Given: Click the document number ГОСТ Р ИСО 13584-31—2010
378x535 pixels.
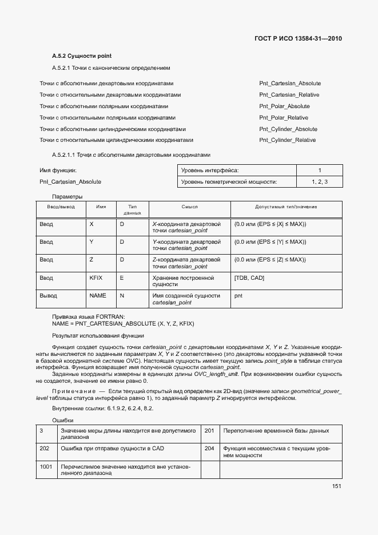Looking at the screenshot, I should [x=297, y=39].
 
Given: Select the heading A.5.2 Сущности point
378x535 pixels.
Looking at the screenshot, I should [x=81, y=56].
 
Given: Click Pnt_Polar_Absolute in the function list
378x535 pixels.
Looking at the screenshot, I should [x=284, y=106].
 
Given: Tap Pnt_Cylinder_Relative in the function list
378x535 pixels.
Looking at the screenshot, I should [x=287, y=140].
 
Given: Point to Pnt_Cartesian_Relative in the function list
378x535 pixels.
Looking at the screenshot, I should [x=289, y=95].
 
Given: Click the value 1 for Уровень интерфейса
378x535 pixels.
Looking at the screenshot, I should [x=319, y=171].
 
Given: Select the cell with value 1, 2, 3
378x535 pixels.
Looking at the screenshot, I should [x=319, y=182].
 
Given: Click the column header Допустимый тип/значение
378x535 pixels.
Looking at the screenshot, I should [x=286, y=207].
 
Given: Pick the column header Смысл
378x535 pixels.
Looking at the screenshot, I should [x=189, y=207].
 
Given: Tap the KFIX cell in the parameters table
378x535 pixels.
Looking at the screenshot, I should [x=96, y=278].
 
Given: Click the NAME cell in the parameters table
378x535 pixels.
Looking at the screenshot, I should [x=98, y=296].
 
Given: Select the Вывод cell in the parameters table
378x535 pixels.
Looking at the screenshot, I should [x=48, y=296].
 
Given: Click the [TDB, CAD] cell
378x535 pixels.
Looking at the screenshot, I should [x=249, y=278].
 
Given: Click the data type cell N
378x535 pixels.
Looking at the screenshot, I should [x=122, y=296].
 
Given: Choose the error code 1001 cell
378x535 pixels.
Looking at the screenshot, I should [x=46, y=467].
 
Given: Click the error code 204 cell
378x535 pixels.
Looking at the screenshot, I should [x=209, y=449].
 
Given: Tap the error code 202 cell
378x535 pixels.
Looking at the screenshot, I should [x=45, y=449].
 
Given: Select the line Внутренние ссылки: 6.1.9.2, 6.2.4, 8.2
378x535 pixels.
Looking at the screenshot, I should [x=102, y=409].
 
